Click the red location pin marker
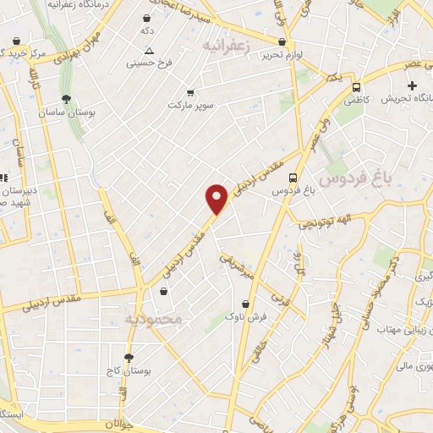pyautogui.click(x=218, y=199)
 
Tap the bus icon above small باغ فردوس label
pyautogui.click(x=293, y=178)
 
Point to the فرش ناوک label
pyautogui.click(x=246, y=315)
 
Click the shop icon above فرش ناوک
pyautogui.click(x=246, y=303)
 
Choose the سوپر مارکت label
pyautogui.click(x=187, y=105)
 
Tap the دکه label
pyautogui.click(x=148, y=30)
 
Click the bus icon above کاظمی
pyautogui.click(x=356, y=86)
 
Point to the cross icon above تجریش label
pyautogui.click(x=412, y=85)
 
